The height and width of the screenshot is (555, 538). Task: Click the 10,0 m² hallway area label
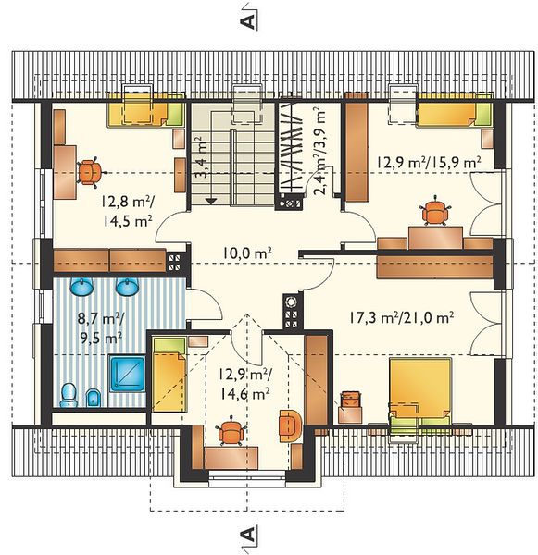coord(247,253)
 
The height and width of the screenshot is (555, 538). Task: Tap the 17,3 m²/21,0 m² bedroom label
coord(401,317)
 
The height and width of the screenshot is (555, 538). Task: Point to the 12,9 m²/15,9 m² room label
coord(429,163)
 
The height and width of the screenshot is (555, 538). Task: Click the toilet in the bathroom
coord(69,395)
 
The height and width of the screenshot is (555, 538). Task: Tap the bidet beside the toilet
coord(94,398)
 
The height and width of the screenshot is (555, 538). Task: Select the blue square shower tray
coord(127,374)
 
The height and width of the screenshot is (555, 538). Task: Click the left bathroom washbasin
coord(81,286)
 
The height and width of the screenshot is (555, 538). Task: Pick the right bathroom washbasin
coord(127,286)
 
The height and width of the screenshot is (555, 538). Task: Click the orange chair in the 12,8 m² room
coord(89,172)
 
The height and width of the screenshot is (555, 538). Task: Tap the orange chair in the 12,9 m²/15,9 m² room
coord(434,211)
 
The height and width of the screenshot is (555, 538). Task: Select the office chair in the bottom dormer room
coord(231,431)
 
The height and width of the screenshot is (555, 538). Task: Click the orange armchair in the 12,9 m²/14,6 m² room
coord(290,426)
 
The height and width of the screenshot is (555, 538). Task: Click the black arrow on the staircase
coord(211,201)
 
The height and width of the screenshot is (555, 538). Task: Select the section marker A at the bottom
coord(248,534)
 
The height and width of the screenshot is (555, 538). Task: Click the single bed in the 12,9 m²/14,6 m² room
coord(169,375)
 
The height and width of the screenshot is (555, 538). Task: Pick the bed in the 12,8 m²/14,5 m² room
coord(146,110)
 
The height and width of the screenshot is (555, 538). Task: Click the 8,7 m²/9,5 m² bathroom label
coord(101,328)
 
